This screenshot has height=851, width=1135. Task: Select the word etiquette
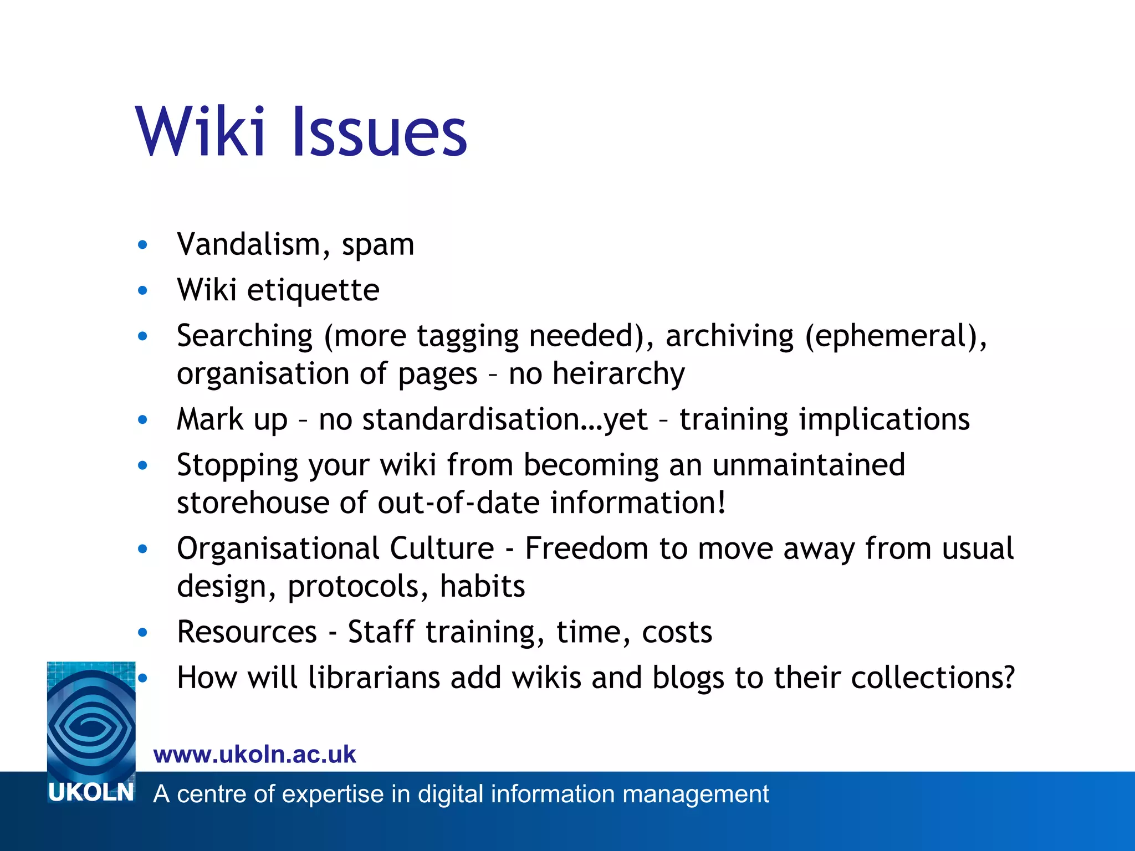[313, 290]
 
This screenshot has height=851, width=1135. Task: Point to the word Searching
[245, 337]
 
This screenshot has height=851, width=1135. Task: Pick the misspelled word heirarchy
[618, 374]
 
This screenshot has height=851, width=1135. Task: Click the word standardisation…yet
[505, 419]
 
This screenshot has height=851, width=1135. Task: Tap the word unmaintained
[809, 465]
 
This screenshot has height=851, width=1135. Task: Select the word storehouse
[253, 503]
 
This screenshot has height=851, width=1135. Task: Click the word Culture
[442, 548]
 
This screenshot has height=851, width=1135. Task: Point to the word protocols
[358, 587]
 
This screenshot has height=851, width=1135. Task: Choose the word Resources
[247, 632]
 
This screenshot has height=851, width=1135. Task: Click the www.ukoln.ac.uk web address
[254, 755]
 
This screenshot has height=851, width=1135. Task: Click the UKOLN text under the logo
[91, 793]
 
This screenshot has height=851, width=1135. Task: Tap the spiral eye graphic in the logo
[91, 720]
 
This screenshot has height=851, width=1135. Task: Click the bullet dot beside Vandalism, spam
[142, 245]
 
